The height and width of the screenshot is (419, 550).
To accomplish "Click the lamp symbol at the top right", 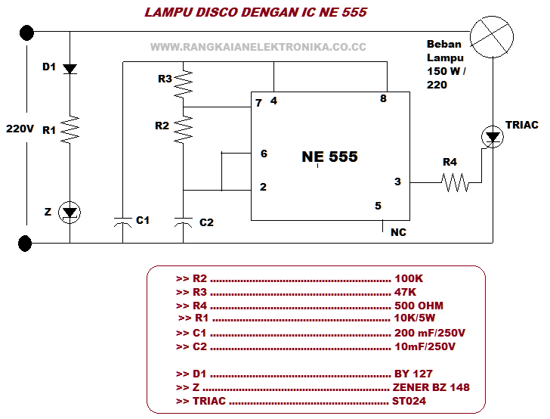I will tap(492, 35).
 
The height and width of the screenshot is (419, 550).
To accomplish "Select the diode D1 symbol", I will tap(70, 69).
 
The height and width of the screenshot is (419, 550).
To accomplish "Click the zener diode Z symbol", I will tap(70, 213).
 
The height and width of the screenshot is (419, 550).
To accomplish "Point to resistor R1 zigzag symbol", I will tap(70, 129).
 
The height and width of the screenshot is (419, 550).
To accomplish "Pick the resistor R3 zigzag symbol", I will tap(183, 82).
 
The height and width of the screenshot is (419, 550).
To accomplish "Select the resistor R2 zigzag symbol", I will tap(183, 129).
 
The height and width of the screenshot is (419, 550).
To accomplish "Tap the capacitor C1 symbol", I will tap(123, 221).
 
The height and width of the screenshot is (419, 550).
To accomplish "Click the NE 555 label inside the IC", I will tap(329, 157).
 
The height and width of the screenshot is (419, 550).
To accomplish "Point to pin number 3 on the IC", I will tap(397, 182).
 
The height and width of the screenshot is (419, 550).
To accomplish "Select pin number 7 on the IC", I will tap(258, 103).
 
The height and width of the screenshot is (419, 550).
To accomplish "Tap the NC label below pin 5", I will tap(398, 232).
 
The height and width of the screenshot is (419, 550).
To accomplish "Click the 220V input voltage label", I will tap(20, 128).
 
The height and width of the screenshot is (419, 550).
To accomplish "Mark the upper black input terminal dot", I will tap(26, 33).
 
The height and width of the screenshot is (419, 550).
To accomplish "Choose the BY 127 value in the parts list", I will tap(414, 374).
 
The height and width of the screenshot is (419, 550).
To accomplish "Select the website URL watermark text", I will tap(258, 47).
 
